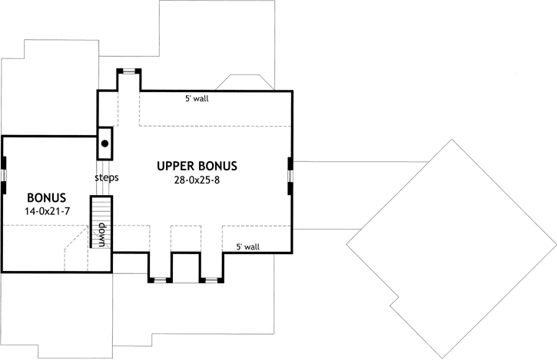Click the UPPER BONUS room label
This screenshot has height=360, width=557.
197,166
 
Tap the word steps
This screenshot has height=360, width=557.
106,177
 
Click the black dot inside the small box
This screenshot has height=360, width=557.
104,143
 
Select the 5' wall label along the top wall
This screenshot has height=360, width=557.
196,99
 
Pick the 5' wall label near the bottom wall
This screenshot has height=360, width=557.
247,246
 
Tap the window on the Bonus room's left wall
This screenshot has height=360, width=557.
3,173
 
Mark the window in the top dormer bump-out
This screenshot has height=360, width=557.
128,71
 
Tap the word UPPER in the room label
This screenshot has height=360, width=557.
175,166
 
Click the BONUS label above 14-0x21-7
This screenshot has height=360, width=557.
46,196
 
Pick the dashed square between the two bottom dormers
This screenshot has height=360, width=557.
185,238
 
